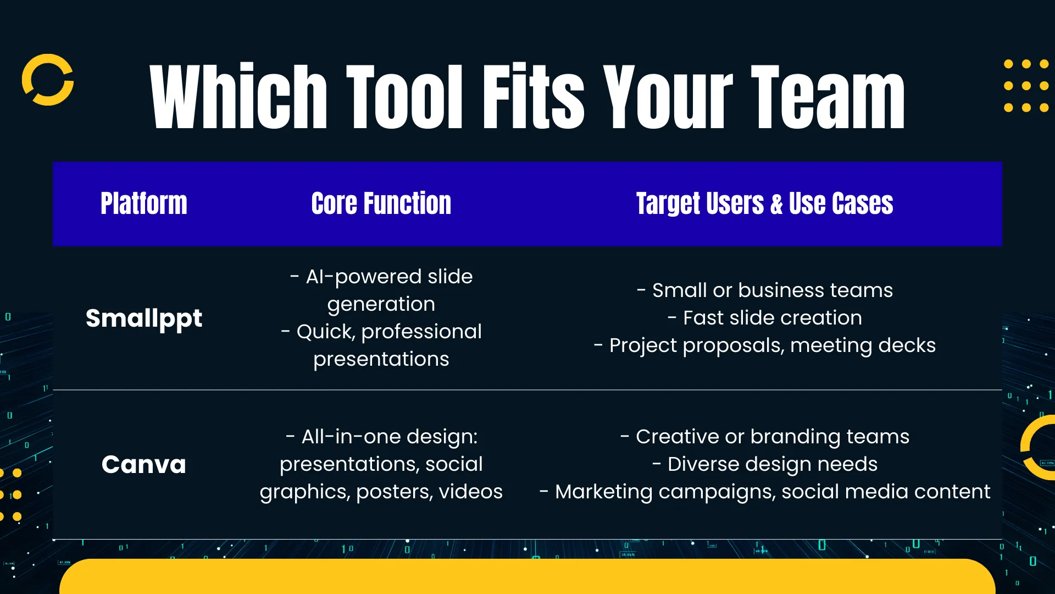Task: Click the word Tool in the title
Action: tap(404, 97)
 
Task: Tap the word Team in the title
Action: tap(828, 97)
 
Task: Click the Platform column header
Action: tap(144, 204)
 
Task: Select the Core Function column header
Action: tap(381, 204)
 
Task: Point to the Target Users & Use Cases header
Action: tap(765, 204)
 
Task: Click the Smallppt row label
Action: tap(144, 318)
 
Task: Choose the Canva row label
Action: tap(144, 465)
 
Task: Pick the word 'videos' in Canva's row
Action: tap(471, 492)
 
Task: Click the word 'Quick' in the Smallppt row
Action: tap(326, 332)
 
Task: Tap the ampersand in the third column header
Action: tap(776, 204)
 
